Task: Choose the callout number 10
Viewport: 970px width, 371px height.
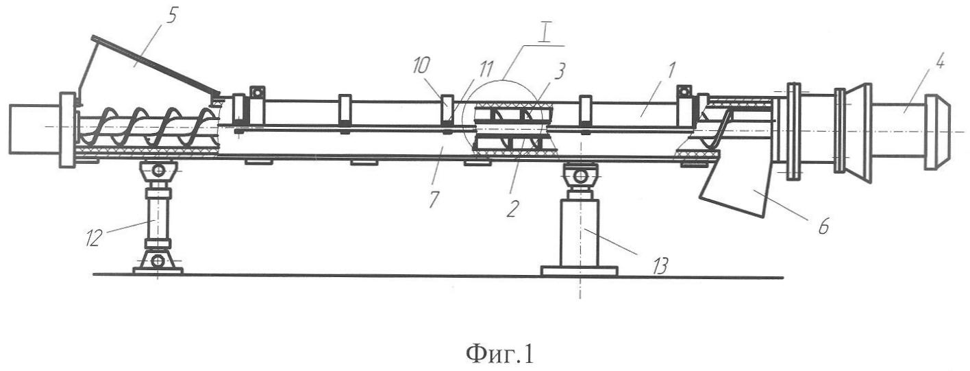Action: coord(421,67)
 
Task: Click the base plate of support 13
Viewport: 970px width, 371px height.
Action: coord(579,271)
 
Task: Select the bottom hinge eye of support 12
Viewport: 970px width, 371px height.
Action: coord(158,261)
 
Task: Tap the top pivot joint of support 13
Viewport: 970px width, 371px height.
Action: coord(580,176)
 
